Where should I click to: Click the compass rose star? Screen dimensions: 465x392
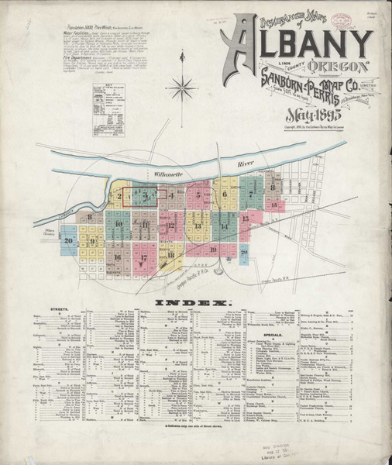184,86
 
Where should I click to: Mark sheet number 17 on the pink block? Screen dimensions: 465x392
144,257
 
